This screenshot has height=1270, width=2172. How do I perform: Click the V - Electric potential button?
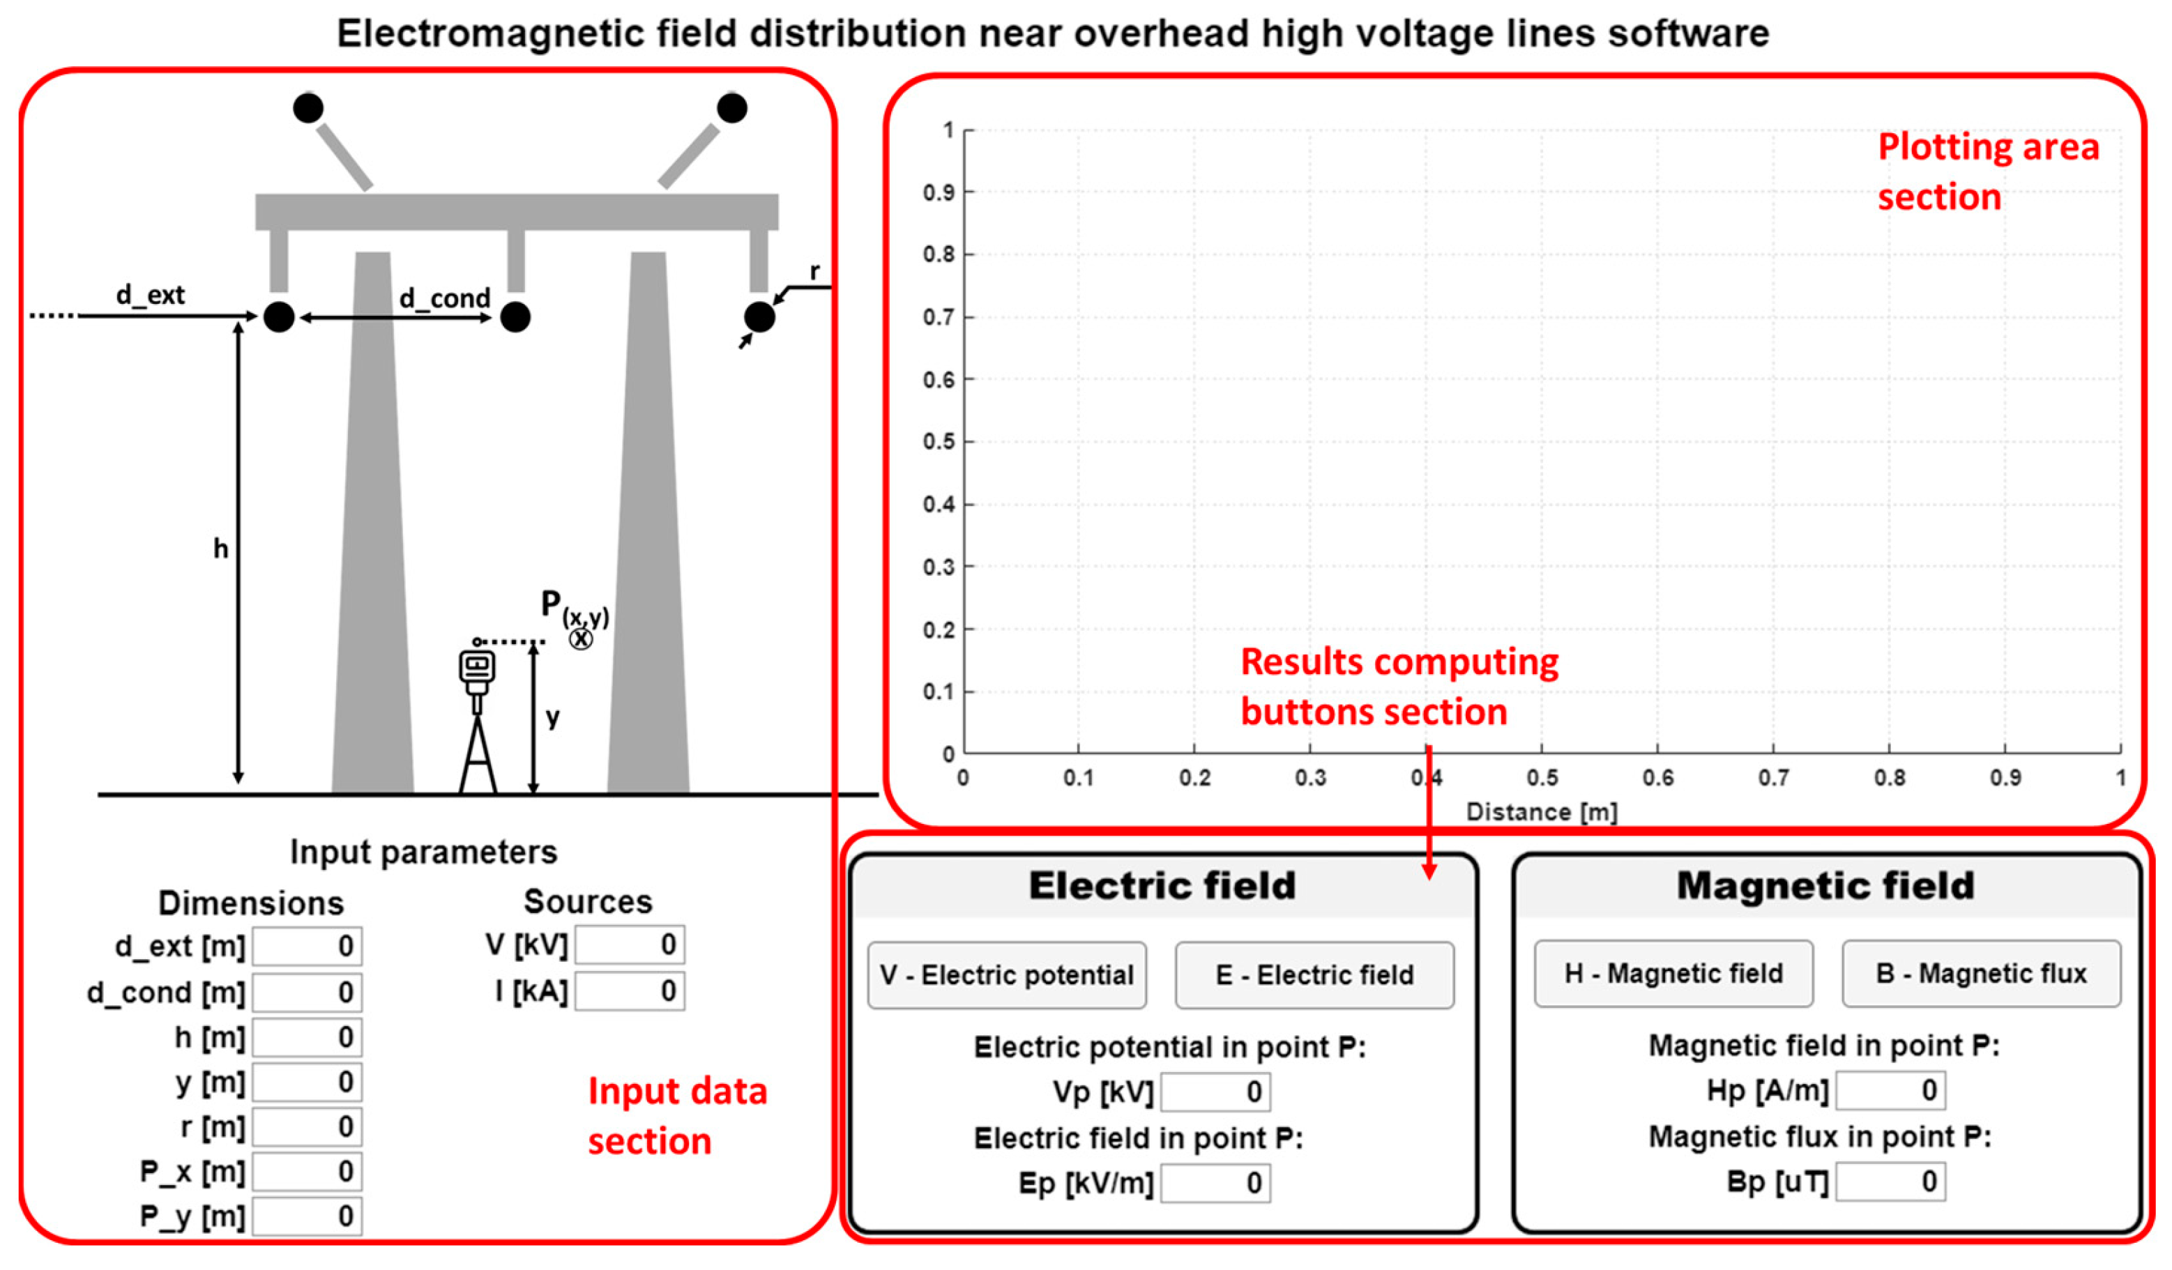pos(1006,974)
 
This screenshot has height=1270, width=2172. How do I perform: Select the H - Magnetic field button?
pos(1673,973)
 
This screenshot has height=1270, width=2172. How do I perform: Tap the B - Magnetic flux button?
pos(1981,973)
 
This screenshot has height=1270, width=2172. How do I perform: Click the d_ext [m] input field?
pos(307,945)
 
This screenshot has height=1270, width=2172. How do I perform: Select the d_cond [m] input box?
pos(307,992)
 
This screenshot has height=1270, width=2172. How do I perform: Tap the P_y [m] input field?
pos(307,1216)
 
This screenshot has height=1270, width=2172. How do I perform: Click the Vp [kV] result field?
pos(1215,1092)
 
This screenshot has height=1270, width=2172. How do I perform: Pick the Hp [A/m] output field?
pos(1890,1090)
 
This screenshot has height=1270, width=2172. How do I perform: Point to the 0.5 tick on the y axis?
pos(939,442)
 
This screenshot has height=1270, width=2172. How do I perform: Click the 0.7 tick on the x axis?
pos(1773,777)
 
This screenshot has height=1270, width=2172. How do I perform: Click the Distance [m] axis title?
pos(1541,811)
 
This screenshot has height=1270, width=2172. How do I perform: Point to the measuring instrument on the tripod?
pos(477,671)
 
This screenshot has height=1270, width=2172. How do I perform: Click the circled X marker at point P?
pos(581,638)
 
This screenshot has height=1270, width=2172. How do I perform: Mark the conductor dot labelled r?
pos(759,317)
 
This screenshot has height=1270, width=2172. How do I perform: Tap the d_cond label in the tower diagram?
pos(445,298)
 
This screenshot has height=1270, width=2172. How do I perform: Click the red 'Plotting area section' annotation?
pos(1987,171)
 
